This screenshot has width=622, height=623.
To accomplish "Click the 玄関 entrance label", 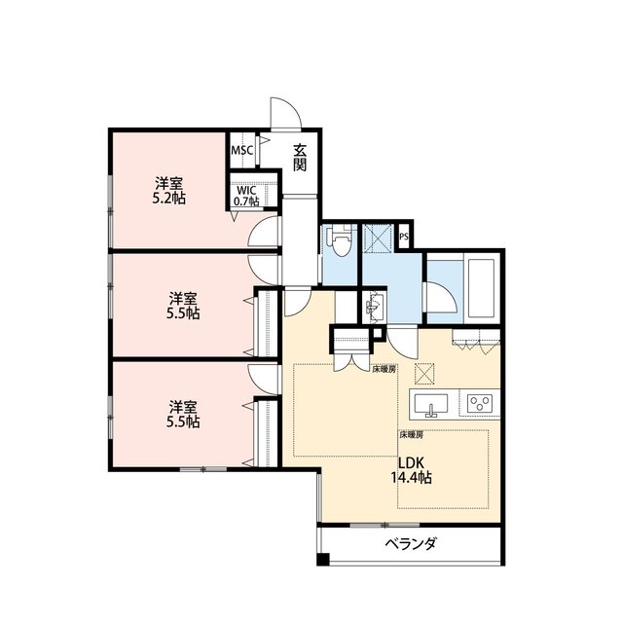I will (x=300, y=158).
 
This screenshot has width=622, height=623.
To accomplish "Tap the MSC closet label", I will (x=241, y=151).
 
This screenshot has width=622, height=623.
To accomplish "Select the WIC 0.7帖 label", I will (x=245, y=196).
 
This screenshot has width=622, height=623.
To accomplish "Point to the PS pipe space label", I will (x=404, y=235).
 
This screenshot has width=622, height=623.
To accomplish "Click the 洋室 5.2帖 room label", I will (x=171, y=190).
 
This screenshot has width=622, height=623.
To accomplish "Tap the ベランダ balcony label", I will (x=409, y=543).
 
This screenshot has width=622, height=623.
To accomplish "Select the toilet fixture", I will (x=338, y=240).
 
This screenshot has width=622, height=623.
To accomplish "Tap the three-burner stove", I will (x=480, y=402).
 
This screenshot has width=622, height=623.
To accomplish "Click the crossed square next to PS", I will (x=378, y=238).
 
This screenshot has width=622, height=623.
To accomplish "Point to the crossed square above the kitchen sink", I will (x=425, y=372).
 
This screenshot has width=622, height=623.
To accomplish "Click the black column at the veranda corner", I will (x=324, y=560).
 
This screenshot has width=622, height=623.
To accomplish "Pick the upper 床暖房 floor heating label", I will (x=384, y=369).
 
